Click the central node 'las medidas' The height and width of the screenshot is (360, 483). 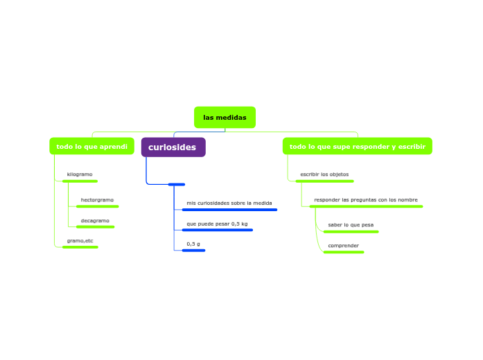pyautogui.click(x=225, y=118)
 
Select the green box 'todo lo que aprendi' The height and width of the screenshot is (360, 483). pyautogui.click(x=91, y=146)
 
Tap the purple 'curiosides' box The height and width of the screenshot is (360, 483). pyautogui.click(x=173, y=147)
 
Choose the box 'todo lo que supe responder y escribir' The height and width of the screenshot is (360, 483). pyautogui.click(x=357, y=146)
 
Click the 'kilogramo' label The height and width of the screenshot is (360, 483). pyautogui.click(x=80, y=174)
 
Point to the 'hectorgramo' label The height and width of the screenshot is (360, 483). pyautogui.click(x=97, y=199)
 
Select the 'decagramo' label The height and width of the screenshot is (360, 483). pyautogui.click(x=95, y=220)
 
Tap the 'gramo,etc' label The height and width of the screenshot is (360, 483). pyautogui.click(x=80, y=240)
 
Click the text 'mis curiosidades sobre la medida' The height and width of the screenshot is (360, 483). pyautogui.click(x=229, y=203)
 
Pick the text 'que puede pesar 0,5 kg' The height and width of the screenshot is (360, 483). pyautogui.click(x=217, y=224)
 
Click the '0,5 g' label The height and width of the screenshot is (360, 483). pyautogui.click(x=193, y=244)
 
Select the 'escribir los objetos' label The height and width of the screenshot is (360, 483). pyautogui.click(x=324, y=174)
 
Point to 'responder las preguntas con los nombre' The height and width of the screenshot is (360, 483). pyautogui.click(x=365, y=199)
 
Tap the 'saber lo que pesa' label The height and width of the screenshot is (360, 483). pyautogui.click(x=351, y=225)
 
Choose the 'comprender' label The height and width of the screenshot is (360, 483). pyautogui.click(x=343, y=245)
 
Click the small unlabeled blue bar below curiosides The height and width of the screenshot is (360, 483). pyautogui.click(x=176, y=184)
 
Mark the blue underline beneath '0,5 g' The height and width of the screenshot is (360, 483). pyautogui.click(x=193, y=251)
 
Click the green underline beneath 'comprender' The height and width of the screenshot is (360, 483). pyautogui.click(x=343, y=252)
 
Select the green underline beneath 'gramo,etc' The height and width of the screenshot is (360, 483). pyautogui.click(x=80, y=247)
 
